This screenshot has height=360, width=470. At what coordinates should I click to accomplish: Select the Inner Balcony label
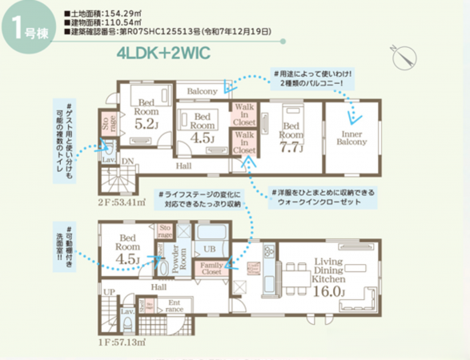(353, 137)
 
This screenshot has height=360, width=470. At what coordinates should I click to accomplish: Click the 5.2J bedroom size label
(147, 124)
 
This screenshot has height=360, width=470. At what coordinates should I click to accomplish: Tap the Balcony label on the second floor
(203, 92)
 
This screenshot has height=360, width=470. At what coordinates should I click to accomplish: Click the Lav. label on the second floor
(106, 160)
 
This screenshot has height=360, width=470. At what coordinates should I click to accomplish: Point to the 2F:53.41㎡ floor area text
(121, 201)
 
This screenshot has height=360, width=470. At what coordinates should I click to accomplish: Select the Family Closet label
(211, 268)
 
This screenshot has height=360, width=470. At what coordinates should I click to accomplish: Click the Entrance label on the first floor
(175, 305)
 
